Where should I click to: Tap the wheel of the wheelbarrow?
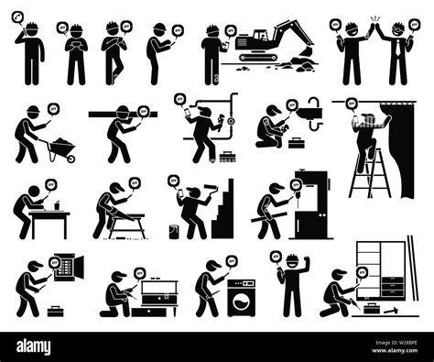tap(71, 158)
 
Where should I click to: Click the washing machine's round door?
tap(241, 298)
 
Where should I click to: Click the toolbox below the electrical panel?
tap(57, 310)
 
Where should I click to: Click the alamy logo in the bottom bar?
tap(43, 345)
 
